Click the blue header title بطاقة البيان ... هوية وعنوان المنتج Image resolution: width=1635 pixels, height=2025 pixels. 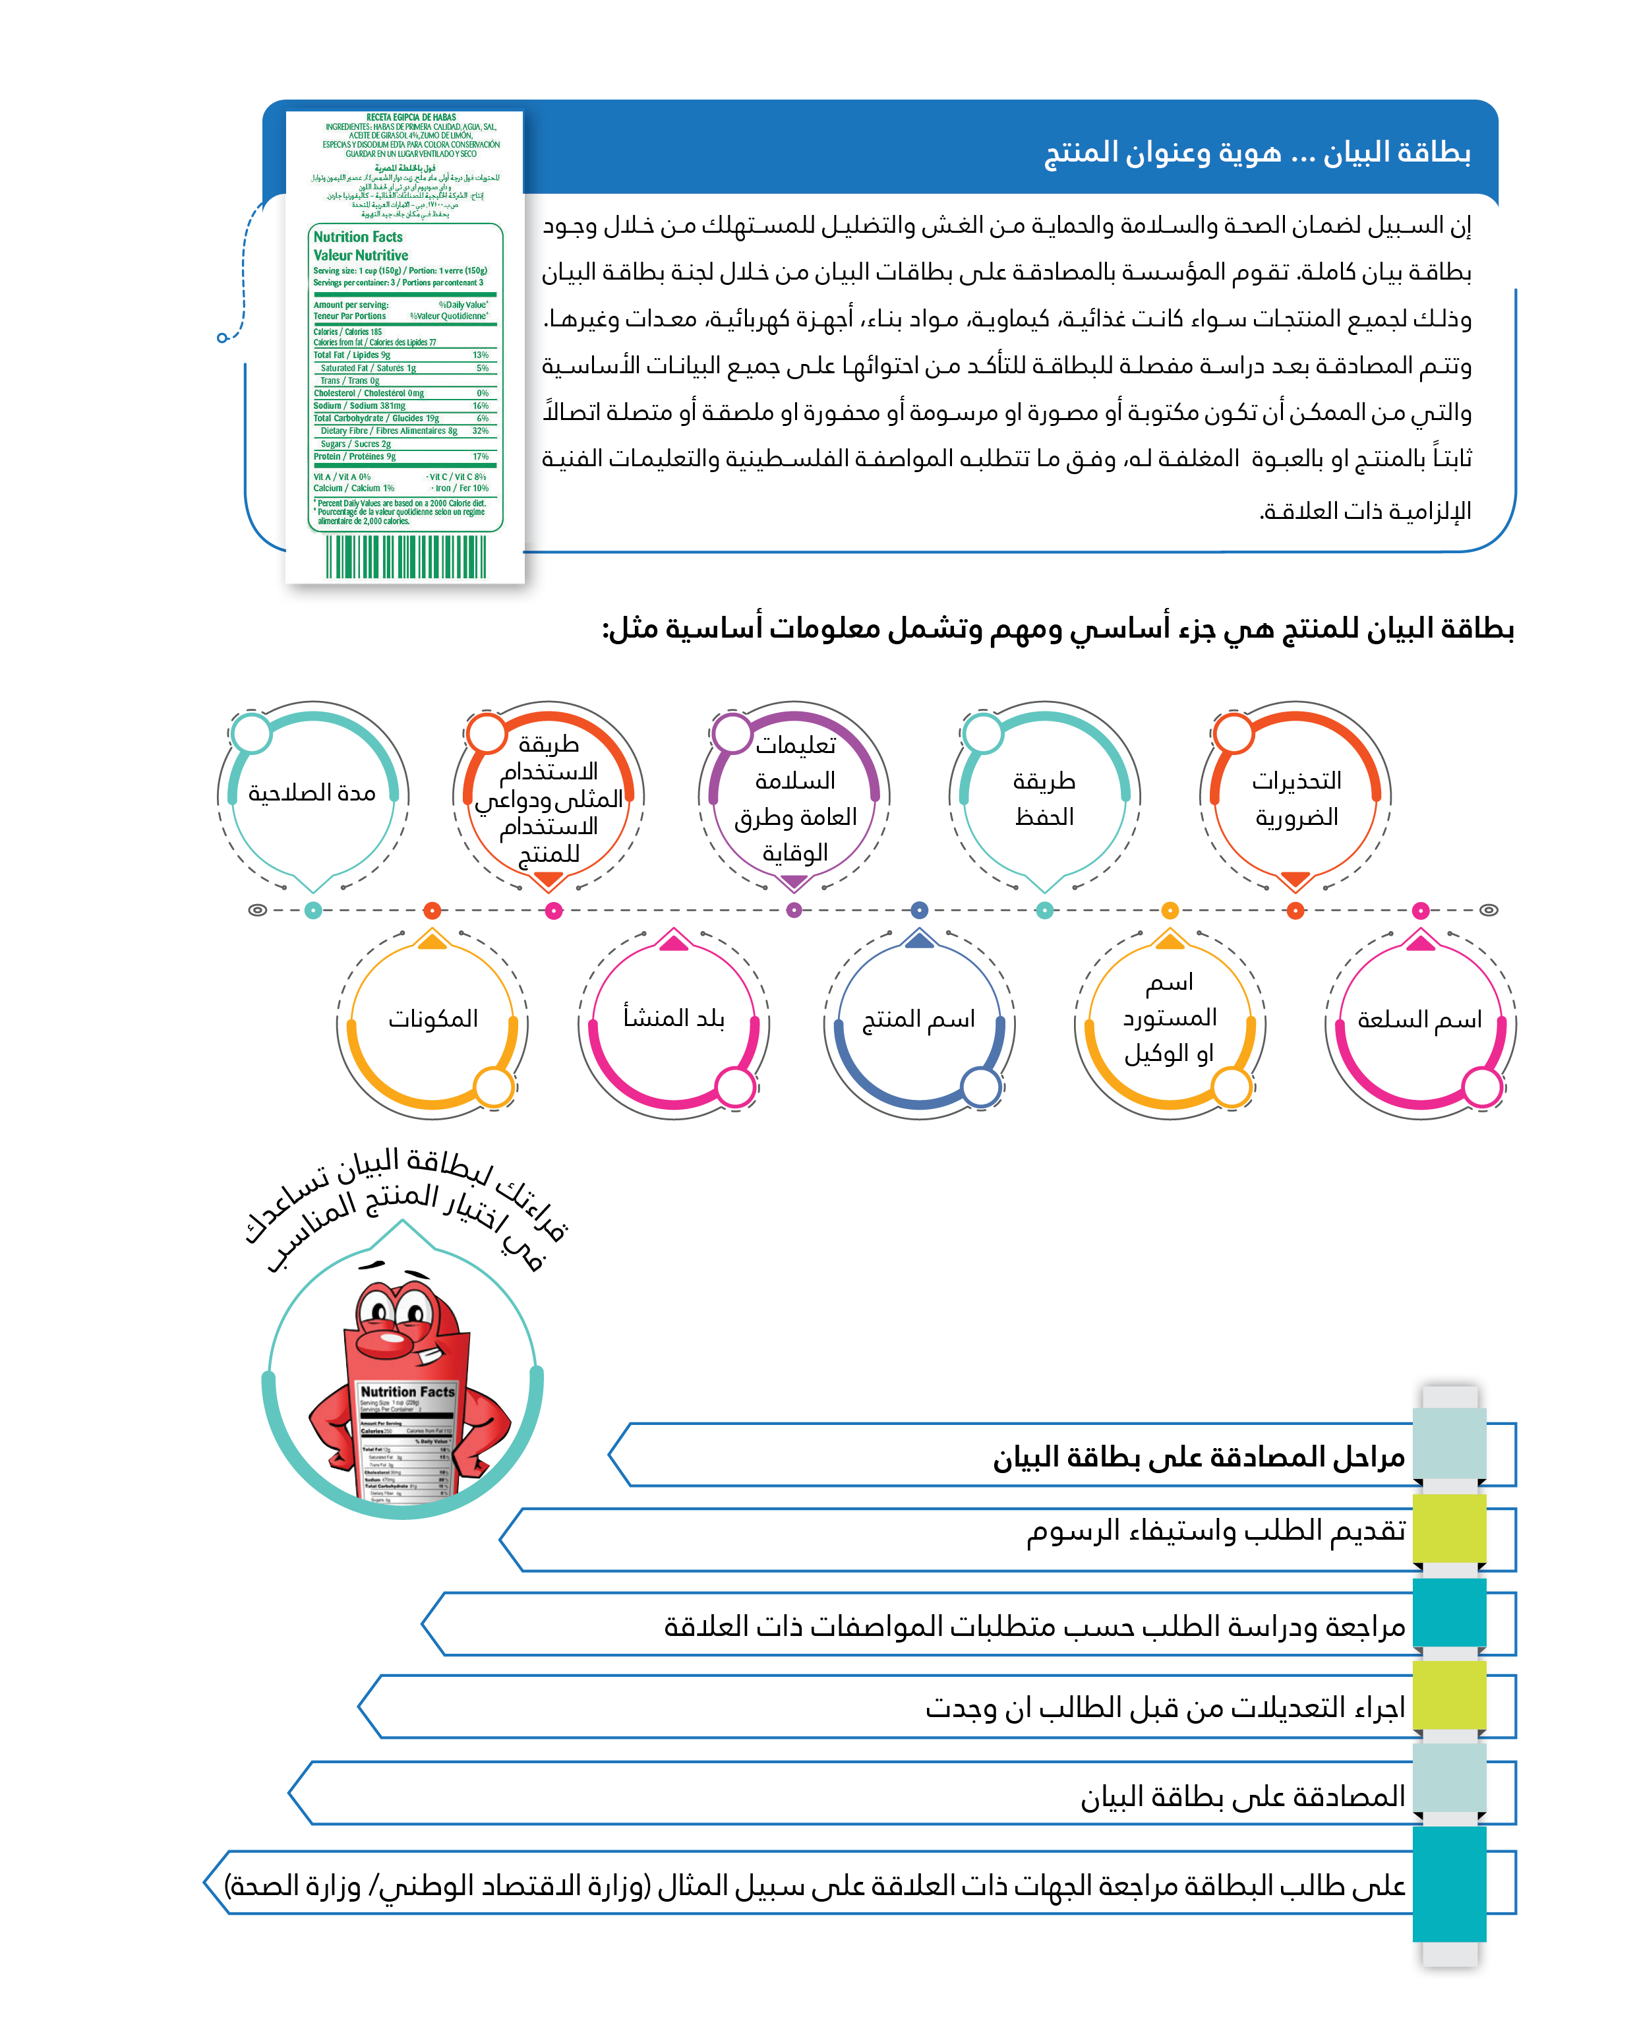coord(1257,152)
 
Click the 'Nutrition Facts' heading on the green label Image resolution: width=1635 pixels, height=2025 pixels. coord(358,237)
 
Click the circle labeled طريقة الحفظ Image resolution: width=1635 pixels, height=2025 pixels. coord(1044,798)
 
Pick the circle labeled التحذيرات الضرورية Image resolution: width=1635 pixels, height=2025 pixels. coord(1296,798)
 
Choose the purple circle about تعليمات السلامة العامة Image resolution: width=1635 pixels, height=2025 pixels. coord(795,798)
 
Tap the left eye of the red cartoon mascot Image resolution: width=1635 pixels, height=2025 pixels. coord(378,1312)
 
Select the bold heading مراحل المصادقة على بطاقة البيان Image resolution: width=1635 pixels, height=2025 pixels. coord(1198,1457)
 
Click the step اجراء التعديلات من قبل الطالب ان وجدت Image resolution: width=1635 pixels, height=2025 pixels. coord(1165,1707)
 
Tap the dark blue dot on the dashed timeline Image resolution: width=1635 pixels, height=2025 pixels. coord(919,910)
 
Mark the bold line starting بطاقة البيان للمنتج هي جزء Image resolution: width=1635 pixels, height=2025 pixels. coord(1057,628)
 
